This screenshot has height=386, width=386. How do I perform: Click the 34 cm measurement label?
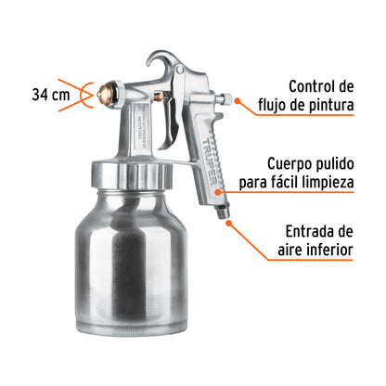(49, 95)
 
